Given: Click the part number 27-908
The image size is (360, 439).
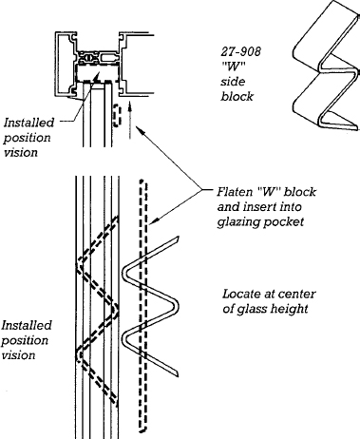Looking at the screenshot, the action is [241, 51].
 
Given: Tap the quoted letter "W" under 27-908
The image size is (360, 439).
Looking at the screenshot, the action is [233, 67].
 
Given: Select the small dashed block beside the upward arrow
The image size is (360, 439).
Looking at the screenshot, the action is [117, 115].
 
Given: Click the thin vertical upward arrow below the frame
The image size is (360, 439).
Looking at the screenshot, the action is [129, 120].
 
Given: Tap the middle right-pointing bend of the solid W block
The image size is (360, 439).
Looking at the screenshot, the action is [177, 307].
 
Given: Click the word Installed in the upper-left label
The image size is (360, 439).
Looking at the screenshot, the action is [29, 123].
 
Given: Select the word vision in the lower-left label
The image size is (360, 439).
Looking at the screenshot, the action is [18, 355].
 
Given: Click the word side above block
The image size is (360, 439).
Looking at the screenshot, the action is [233, 82].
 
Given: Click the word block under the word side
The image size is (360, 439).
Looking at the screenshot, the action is [237, 97].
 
